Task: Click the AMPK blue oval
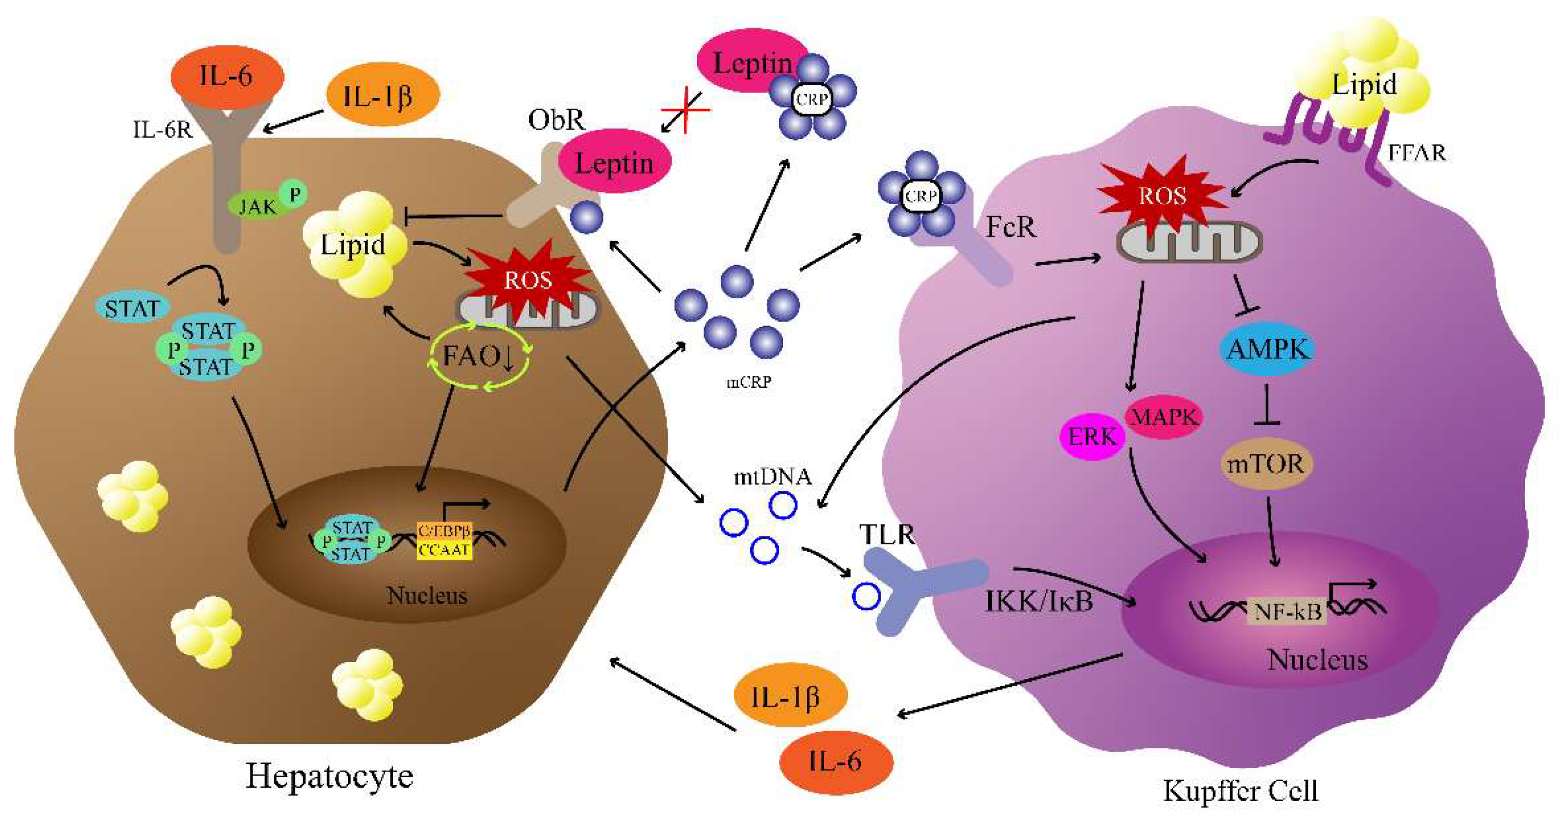tap(1267, 350)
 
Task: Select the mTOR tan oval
tap(1265, 465)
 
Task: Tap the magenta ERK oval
tap(1091, 437)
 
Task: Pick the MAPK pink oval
tap(1164, 417)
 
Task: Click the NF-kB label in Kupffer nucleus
tap(1287, 611)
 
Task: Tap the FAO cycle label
tap(479, 356)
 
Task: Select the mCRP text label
tap(749, 382)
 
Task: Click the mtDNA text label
tap(772, 477)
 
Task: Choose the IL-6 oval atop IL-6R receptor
tap(227, 77)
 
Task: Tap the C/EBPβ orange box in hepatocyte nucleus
tap(444, 531)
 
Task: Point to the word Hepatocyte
tap(329, 776)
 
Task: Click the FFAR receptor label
tap(1416, 153)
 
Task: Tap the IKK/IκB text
tap(1038, 601)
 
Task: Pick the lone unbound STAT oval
tap(132, 309)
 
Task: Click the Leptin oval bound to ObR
tap(614, 163)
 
